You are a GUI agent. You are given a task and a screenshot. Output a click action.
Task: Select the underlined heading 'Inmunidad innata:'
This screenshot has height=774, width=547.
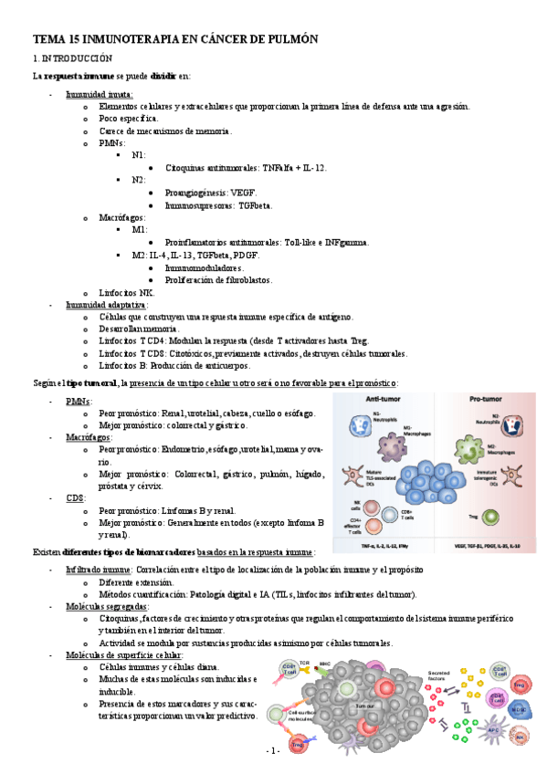click(100, 94)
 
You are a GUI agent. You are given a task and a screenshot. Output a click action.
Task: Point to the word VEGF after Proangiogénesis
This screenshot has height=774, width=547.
click(243, 193)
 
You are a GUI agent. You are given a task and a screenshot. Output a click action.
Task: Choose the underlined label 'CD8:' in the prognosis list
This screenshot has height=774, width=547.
click(76, 499)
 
